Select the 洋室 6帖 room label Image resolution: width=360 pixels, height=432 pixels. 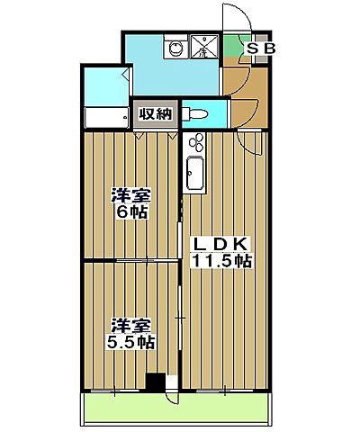pos(130,203)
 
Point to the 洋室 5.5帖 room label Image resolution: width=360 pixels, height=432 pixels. pos(130,334)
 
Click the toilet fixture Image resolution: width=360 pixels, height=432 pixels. pos(195,114)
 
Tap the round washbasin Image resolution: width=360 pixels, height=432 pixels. pos(175,49)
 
